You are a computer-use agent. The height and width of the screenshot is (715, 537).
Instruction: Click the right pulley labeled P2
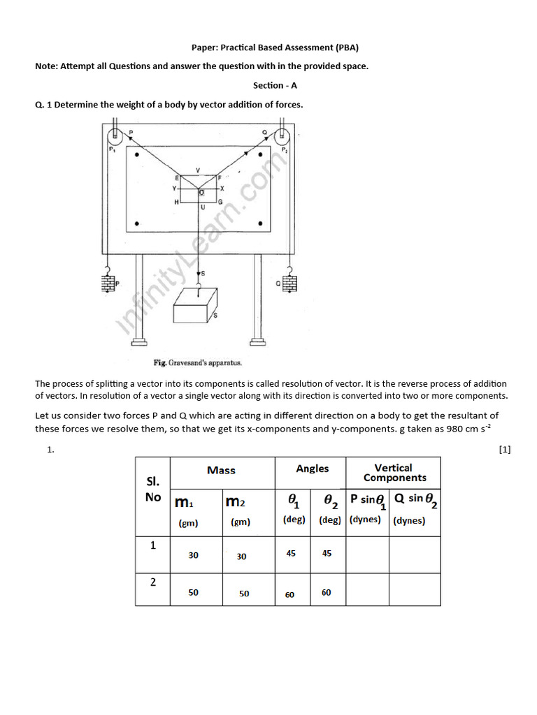(x=282, y=136)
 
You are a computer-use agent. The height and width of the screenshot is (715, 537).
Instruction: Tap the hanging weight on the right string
(x=289, y=283)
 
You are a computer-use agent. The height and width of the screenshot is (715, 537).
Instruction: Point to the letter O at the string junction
(x=201, y=191)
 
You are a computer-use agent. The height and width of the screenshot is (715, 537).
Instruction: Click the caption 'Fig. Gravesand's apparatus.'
(x=197, y=363)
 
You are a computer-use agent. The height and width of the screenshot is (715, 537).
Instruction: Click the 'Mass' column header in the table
(x=222, y=471)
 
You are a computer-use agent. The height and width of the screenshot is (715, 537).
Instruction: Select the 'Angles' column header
(x=312, y=469)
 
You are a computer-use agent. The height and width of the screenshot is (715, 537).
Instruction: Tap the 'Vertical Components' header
(x=394, y=473)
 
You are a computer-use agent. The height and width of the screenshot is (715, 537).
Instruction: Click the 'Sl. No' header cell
(x=153, y=489)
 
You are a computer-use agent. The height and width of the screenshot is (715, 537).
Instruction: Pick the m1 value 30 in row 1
(x=193, y=555)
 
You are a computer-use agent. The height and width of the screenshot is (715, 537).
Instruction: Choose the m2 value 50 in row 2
(x=244, y=594)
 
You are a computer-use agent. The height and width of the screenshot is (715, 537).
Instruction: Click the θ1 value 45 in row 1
(x=291, y=553)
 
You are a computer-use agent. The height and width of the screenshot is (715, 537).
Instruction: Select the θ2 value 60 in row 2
(x=327, y=593)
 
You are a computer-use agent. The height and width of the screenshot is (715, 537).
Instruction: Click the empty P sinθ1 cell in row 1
(x=367, y=554)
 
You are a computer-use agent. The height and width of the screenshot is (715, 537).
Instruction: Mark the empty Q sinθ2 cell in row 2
(x=414, y=589)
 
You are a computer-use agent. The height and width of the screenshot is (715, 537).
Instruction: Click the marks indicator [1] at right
(x=505, y=450)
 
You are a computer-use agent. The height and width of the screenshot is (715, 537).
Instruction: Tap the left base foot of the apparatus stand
(x=139, y=341)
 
